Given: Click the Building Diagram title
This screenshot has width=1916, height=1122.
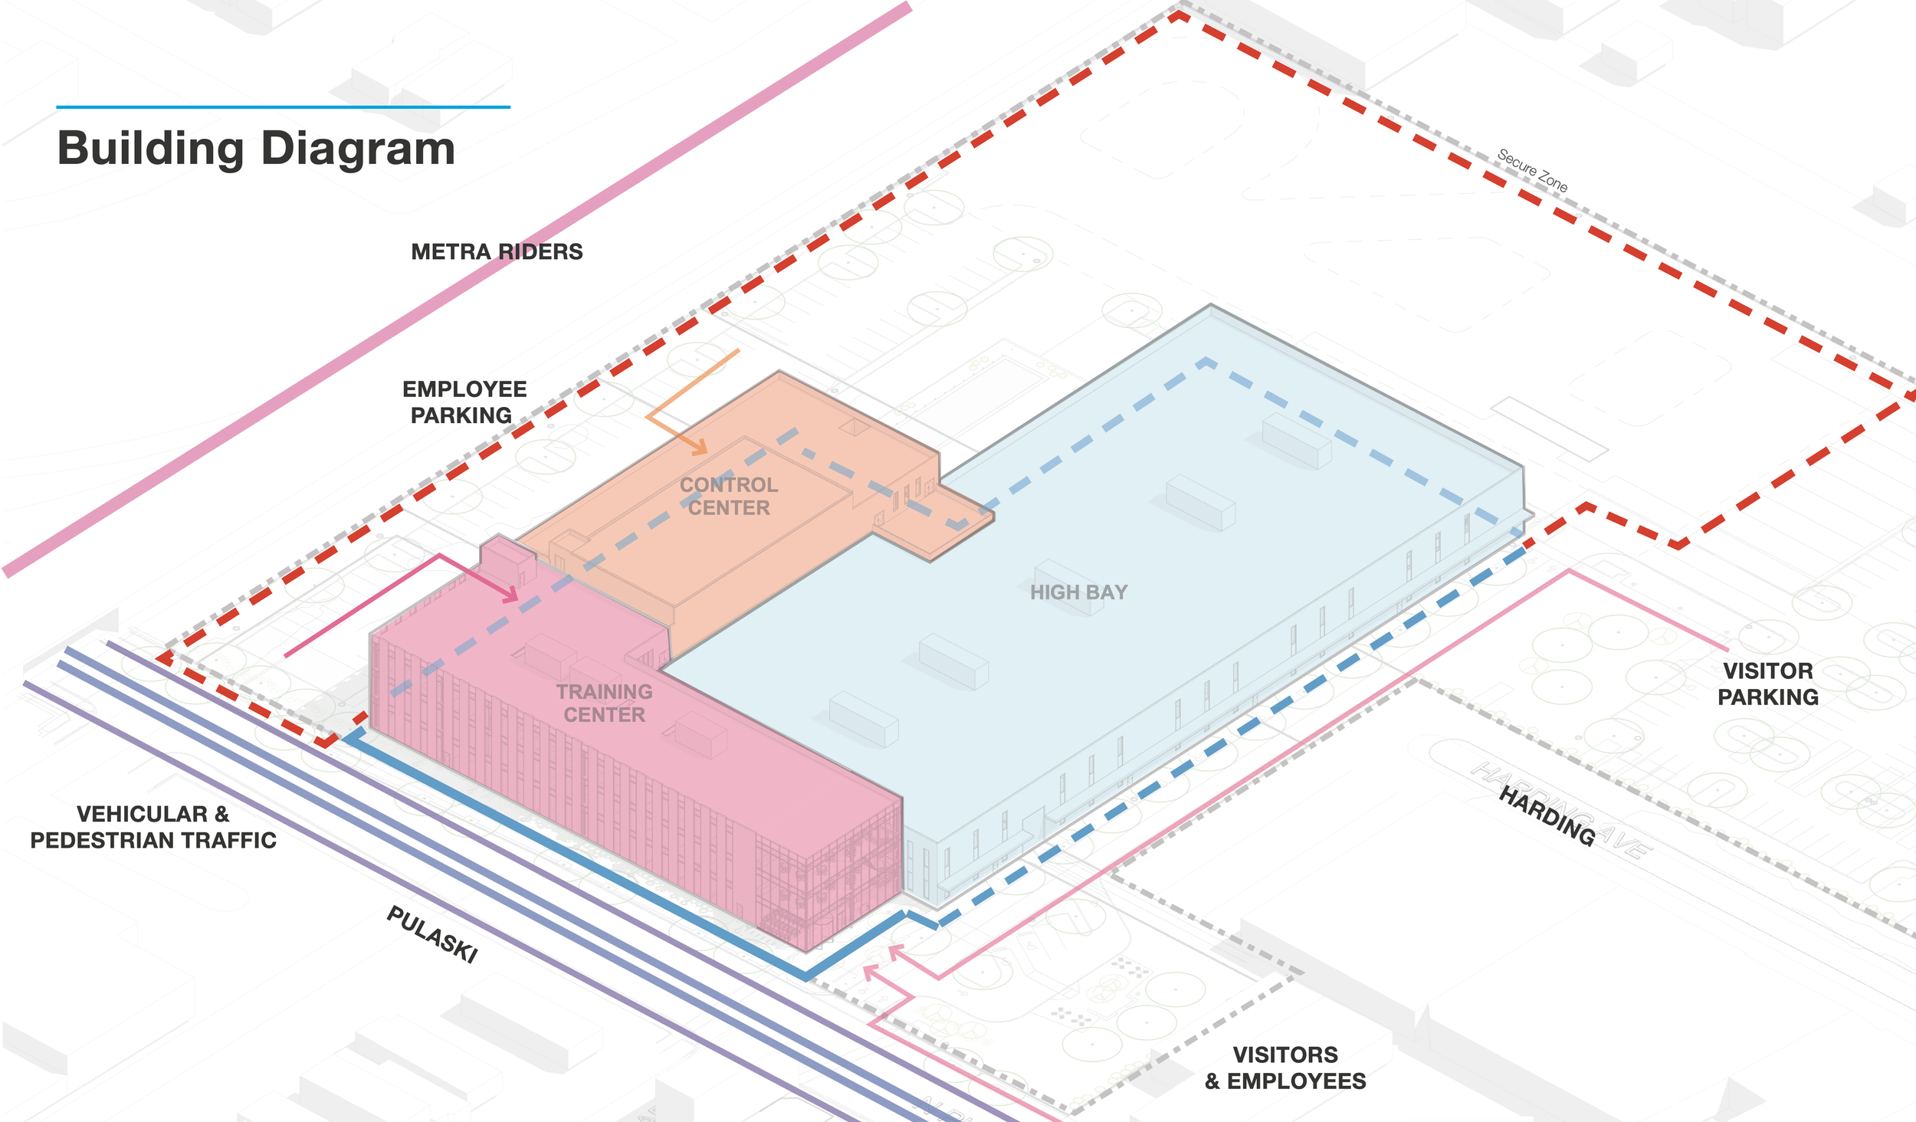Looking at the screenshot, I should click(x=256, y=148).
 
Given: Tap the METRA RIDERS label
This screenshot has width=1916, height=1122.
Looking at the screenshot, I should click(x=497, y=251).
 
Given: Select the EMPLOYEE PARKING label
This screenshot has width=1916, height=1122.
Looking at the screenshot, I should click(x=464, y=402).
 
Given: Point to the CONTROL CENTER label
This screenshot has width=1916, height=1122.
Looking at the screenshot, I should click(x=728, y=496).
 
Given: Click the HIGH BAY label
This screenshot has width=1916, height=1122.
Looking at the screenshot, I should click(x=1078, y=592).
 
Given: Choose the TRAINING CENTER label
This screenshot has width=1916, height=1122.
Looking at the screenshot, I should click(x=604, y=703).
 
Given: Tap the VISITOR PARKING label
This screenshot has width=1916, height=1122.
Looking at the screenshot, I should click(x=1767, y=684).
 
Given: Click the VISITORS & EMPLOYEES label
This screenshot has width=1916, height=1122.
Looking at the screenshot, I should click(x=1285, y=1068).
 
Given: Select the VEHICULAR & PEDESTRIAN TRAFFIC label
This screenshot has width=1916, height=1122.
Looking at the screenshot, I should click(x=153, y=827).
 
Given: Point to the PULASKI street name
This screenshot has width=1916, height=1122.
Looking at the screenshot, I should click(x=432, y=933).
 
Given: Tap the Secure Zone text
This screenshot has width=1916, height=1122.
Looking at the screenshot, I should click(x=1532, y=171).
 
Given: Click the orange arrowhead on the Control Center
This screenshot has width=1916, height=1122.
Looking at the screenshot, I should click(x=699, y=447).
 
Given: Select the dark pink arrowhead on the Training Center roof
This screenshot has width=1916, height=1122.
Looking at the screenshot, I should click(x=510, y=593).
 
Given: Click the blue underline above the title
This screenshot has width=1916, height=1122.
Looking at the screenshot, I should click(x=283, y=107).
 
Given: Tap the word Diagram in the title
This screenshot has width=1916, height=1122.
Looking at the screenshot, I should click(x=358, y=148).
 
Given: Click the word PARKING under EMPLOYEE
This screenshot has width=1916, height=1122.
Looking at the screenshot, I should click(x=461, y=415).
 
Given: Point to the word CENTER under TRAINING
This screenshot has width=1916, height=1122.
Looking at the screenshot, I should click(x=604, y=714).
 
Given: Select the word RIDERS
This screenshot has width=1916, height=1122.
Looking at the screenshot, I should click(x=540, y=251).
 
